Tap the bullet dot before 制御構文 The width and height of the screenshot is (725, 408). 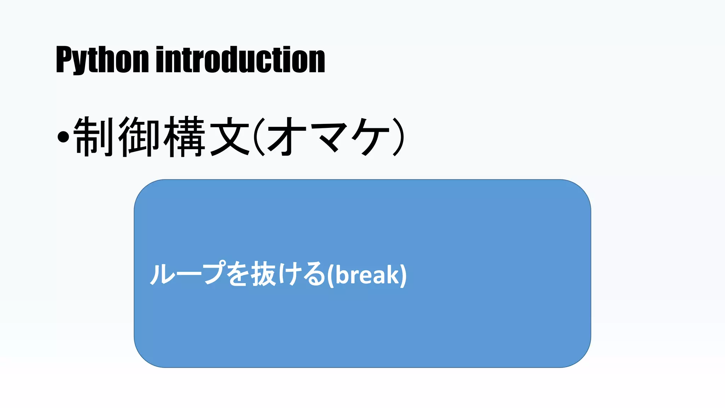tap(63, 137)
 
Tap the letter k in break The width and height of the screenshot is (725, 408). tap(393, 274)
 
